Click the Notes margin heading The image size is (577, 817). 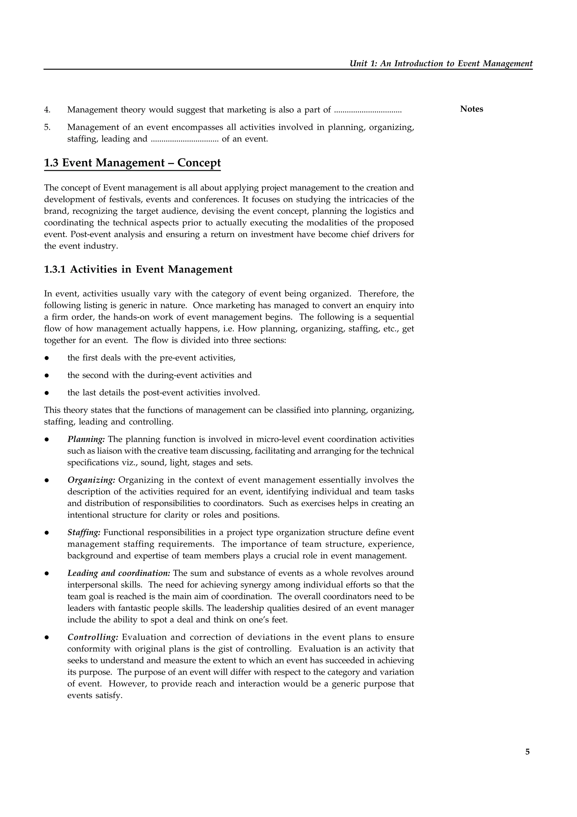point(471,109)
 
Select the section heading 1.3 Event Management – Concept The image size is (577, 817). point(132,163)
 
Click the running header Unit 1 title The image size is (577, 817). point(441,63)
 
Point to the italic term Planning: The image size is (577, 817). point(86,439)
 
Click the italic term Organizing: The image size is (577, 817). point(91,480)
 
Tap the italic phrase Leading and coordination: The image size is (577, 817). point(119,573)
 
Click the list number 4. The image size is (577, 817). point(47,110)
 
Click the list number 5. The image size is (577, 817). point(47,127)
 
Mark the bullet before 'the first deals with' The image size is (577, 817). point(46,358)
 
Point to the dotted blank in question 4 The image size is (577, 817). point(368,111)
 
